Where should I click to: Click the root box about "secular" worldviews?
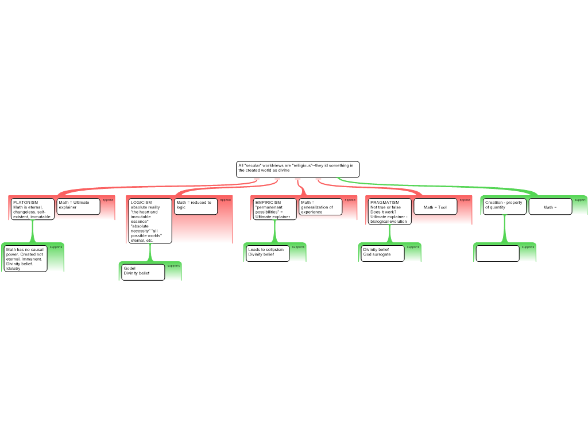(297, 169)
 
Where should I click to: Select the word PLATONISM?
(25, 203)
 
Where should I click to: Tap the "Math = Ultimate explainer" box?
(78, 206)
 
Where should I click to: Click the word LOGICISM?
(141, 203)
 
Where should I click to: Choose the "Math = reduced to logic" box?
(196, 206)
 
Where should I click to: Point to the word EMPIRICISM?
(268, 203)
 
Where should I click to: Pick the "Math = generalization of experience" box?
(320, 207)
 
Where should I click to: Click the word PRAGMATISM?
(385, 203)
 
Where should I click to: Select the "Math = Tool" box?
(435, 207)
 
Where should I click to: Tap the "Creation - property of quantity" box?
(504, 206)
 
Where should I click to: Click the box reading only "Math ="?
(550, 207)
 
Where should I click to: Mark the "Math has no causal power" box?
(25, 258)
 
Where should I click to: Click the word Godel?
(129, 268)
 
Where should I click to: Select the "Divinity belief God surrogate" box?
(382, 253)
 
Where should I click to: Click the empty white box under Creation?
(497, 253)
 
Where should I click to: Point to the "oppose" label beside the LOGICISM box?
(225, 200)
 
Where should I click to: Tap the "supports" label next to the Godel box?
(173, 266)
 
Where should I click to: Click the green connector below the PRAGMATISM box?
(389, 234)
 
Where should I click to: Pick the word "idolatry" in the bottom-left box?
(13, 269)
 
